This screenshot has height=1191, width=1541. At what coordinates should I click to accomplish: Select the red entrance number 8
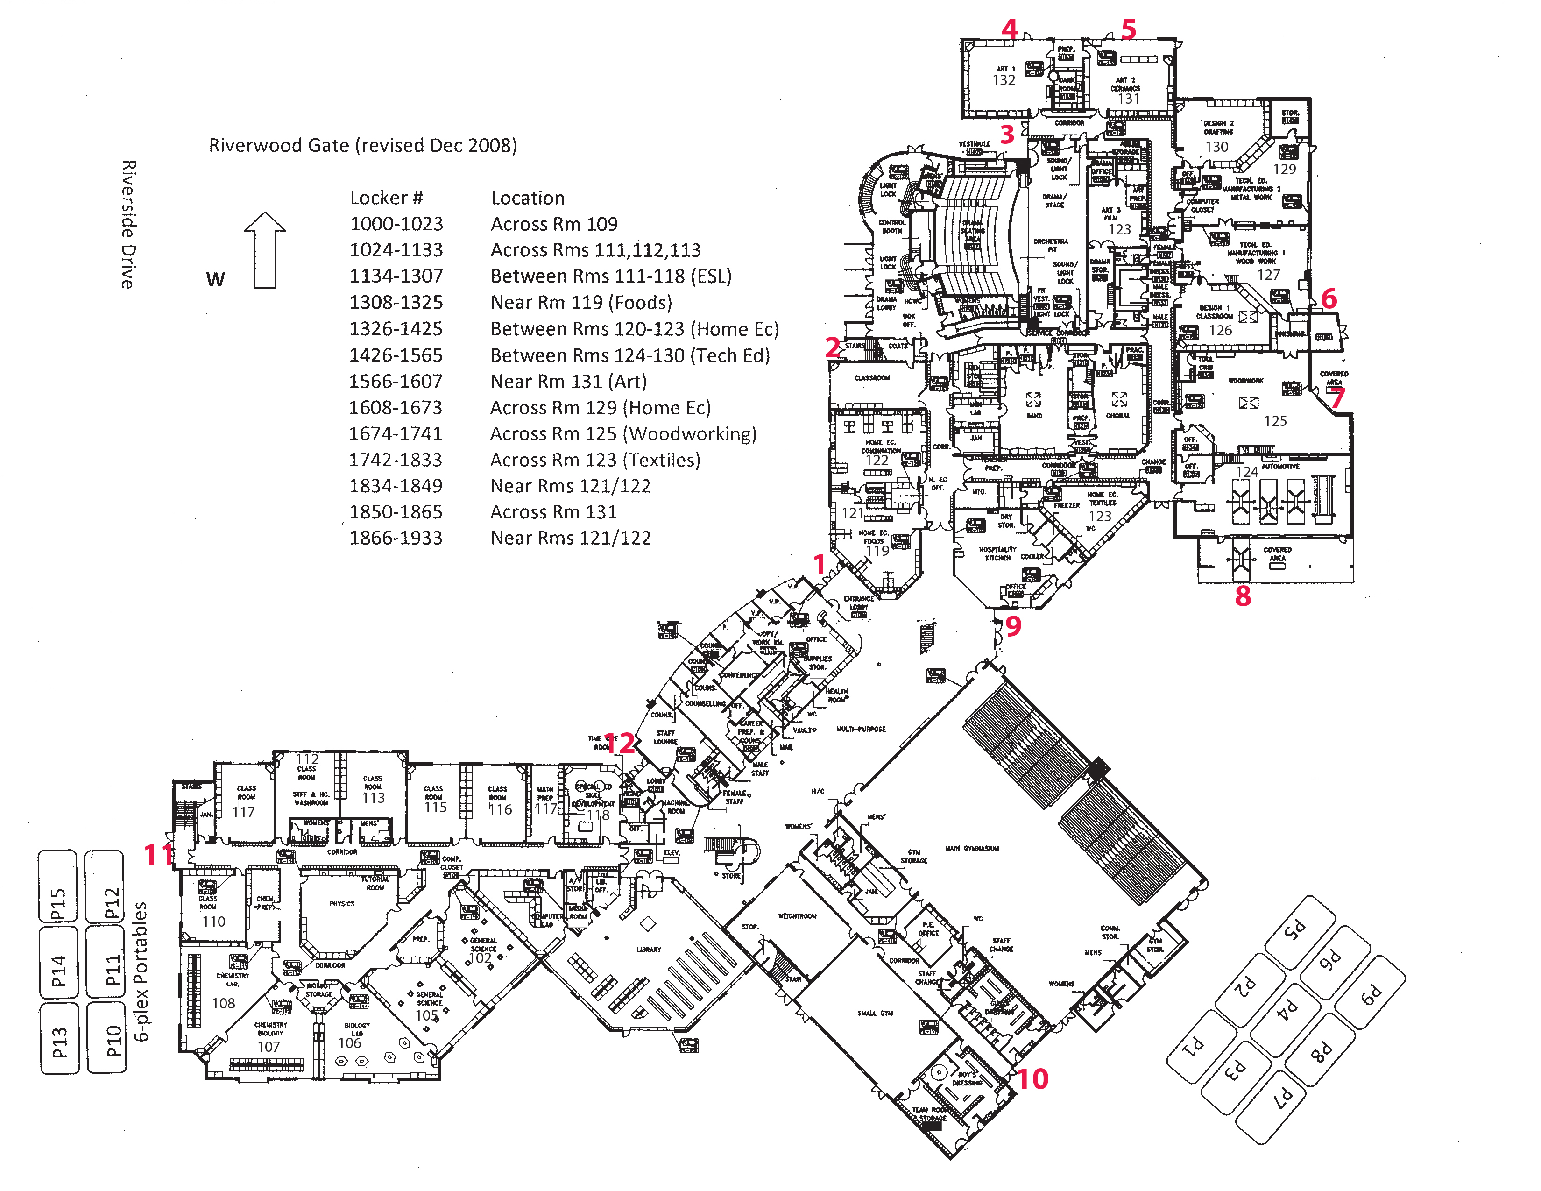click(1243, 596)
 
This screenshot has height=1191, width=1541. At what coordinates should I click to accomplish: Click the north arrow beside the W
click(265, 250)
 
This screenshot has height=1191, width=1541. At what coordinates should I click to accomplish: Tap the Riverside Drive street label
click(127, 224)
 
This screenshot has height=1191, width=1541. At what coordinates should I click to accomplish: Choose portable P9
click(1370, 996)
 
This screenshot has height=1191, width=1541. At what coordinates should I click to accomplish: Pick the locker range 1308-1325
click(396, 303)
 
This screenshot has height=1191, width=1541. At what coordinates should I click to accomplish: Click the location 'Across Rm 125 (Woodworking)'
click(623, 434)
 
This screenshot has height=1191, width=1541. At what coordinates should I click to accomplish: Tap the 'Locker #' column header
click(386, 198)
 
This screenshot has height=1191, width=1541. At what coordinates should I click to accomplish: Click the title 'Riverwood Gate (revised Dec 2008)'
click(363, 145)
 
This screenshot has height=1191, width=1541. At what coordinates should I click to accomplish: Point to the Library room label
click(649, 950)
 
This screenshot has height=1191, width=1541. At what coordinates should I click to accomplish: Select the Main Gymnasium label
click(972, 848)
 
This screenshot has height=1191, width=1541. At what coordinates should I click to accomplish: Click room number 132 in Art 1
click(1004, 80)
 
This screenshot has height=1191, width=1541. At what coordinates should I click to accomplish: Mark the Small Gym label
click(875, 1013)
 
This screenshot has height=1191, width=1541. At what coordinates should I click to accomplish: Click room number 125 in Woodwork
click(1275, 421)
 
